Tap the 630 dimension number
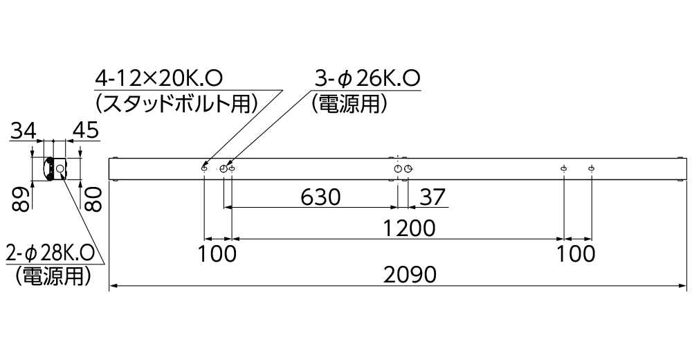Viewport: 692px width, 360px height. click(320, 198)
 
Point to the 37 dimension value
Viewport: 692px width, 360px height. click(433, 198)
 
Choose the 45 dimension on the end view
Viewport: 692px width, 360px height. click(84, 129)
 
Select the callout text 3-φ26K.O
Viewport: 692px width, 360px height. click(367, 78)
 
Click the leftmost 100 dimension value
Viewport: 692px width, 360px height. click(217, 253)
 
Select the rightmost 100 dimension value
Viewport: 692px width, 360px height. click(576, 253)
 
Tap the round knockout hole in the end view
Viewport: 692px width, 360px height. click(61, 169)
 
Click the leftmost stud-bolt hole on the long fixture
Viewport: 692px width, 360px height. click(204, 168)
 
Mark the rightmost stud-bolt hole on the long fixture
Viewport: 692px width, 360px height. click(592, 168)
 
